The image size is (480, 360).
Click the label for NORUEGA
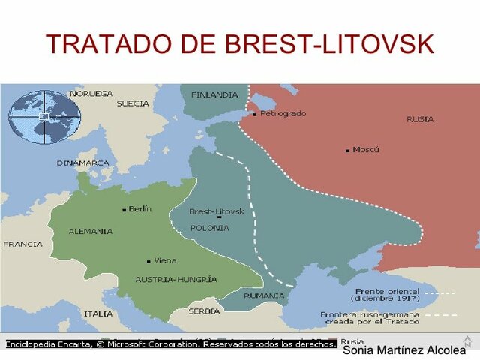pos(91,94)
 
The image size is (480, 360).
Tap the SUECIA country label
pos(133,103)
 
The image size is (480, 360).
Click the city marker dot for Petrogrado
pos(255,115)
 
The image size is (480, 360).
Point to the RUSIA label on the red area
pos(420,119)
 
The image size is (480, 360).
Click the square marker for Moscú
pos(348,151)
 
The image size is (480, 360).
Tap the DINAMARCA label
pos(82,163)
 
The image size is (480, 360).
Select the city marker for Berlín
pos(124,210)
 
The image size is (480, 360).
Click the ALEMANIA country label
pos(91,231)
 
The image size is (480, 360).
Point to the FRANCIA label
pos(22,244)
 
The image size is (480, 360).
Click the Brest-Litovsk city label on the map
pos(217,211)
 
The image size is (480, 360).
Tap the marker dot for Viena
pos(148,261)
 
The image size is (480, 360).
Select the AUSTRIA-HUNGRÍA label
pos(176,279)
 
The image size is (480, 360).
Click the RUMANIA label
pos(263,295)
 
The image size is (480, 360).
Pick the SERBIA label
pos(204,310)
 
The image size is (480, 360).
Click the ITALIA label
pos(98,313)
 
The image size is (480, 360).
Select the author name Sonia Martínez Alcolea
pos(403,350)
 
